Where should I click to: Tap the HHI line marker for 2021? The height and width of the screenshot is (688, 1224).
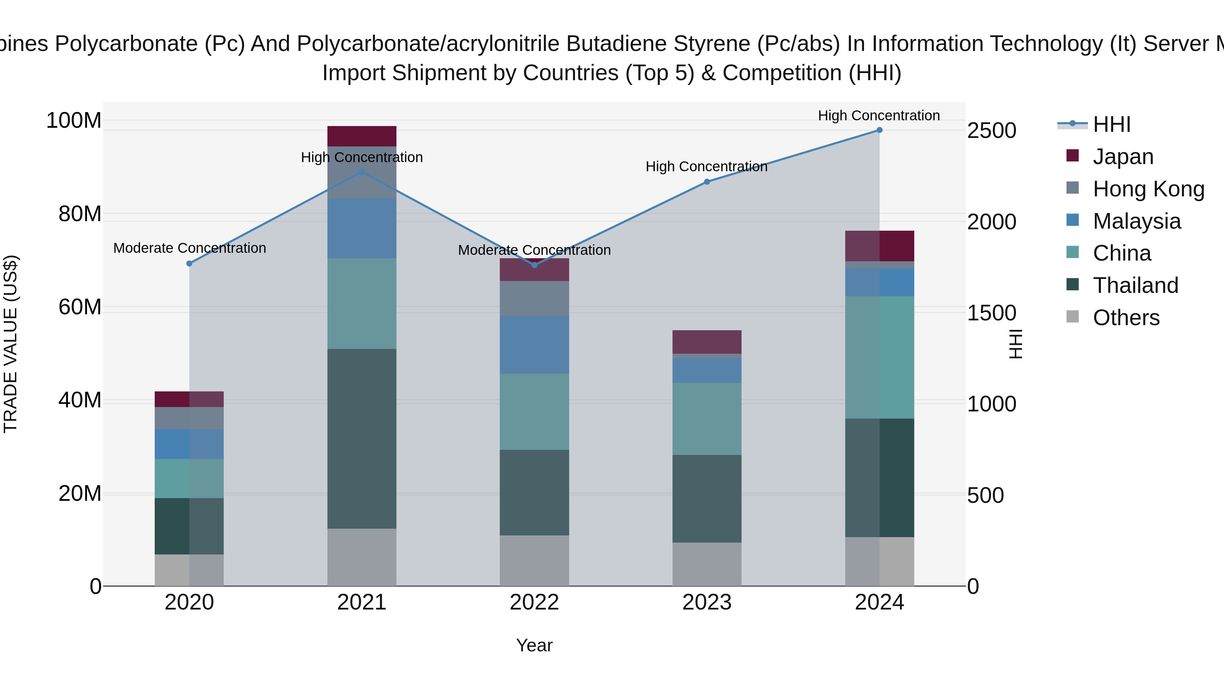coord(362,172)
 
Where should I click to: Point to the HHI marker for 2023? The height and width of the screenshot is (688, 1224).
coord(707,182)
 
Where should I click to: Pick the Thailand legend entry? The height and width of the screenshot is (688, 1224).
coord(1135,285)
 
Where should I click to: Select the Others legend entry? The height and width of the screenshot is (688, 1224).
coord(1126,318)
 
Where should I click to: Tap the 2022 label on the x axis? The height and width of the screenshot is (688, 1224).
coord(534,602)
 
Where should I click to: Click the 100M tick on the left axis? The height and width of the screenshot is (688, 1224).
coord(74,121)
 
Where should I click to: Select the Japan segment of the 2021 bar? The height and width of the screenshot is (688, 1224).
coord(362,136)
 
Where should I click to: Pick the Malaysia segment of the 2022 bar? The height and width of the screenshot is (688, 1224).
coord(534,345)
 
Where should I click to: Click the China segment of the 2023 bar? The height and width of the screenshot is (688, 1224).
coord(707,419)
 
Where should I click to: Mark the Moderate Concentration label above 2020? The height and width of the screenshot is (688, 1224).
coord(190,248)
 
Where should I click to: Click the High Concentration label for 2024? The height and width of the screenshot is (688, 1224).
coord(879,116)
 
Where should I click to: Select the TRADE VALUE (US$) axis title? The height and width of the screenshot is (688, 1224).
coord(11,344)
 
